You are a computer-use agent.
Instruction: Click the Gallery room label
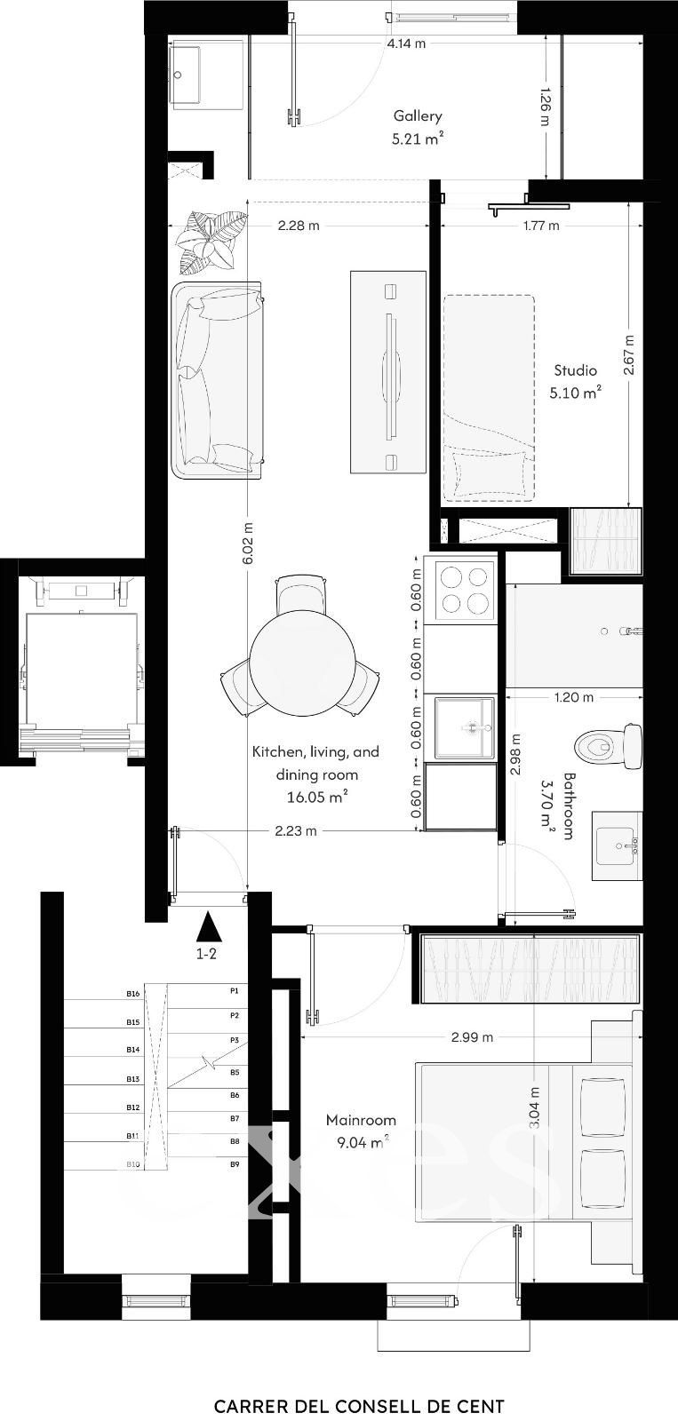point(418,115)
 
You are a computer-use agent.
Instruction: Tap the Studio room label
point(575,369)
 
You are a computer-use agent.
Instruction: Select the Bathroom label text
point(568,806)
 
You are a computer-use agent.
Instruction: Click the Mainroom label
point(362,1120)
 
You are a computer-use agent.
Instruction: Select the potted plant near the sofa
point(211,241)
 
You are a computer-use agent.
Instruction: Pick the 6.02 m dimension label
point(248,543)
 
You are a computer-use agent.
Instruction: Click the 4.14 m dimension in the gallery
point(406,44)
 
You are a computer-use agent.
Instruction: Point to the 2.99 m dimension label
point(472,1037)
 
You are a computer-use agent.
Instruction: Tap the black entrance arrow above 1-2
point(208,927)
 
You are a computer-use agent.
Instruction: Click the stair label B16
point(132,994)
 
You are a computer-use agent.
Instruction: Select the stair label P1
point(235,989)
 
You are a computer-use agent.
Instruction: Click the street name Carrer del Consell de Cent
point(359,1407)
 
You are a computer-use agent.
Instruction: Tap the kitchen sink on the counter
point(465,727)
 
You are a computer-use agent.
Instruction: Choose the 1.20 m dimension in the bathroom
point(574,697)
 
